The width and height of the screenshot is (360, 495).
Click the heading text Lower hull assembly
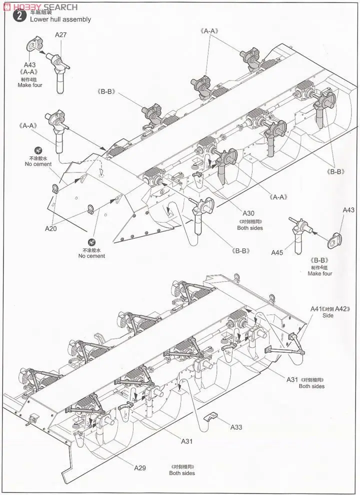coord(60,19)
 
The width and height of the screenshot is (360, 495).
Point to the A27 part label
coord(61,35)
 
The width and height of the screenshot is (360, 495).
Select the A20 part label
coord(50,228)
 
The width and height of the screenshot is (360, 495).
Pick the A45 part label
coord(277,252)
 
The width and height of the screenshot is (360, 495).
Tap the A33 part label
coord(236,427)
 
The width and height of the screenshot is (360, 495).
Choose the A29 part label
coord(140,467)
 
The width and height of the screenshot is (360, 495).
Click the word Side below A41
coord(327,316)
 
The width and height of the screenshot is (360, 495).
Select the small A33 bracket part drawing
coord(212,416)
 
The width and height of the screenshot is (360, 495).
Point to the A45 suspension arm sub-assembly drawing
coord(301,234)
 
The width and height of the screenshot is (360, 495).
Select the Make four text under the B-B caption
coord(319,273)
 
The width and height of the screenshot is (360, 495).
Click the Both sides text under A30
coord(250,228)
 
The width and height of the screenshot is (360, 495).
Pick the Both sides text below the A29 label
coord(181,473)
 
